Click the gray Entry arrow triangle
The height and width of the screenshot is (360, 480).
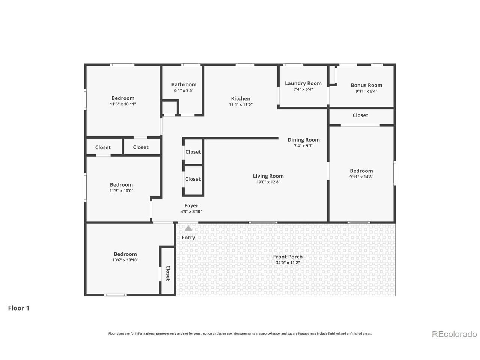(x=188, y=229)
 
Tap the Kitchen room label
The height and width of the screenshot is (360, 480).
(x=240, y=98)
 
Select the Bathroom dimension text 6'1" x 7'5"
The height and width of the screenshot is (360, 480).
(x=184, y=90)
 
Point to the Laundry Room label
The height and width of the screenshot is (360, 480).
(x=303, y=83)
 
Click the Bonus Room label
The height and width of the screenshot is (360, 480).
(x=366, y=85)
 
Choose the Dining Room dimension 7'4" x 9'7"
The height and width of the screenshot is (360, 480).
(x=303, y=146)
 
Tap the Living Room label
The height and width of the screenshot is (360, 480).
(x=268, y=176)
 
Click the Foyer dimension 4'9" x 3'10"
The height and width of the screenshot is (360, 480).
(x=191, y=211)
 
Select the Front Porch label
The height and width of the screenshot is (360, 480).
(x=288, y=256)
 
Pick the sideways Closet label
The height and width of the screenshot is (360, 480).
(x=168, y=273)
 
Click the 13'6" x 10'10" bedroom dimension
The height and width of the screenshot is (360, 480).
(x=125, y=260)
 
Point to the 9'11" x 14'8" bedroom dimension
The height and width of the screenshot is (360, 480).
(x=361, y=177)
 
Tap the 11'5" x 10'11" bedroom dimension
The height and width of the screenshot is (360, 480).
(x=123, y=104)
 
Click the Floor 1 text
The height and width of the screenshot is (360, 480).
(x=19, y=308)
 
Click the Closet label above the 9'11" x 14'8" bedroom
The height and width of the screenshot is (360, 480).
(x=360, y=115)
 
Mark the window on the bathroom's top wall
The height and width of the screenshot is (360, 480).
(x=190, y=65)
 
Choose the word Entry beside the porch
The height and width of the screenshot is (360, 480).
(x=188, y=237)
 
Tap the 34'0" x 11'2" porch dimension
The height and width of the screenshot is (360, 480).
(x=288, y=262)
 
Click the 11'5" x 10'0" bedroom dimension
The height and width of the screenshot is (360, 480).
(x=121, y=190)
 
